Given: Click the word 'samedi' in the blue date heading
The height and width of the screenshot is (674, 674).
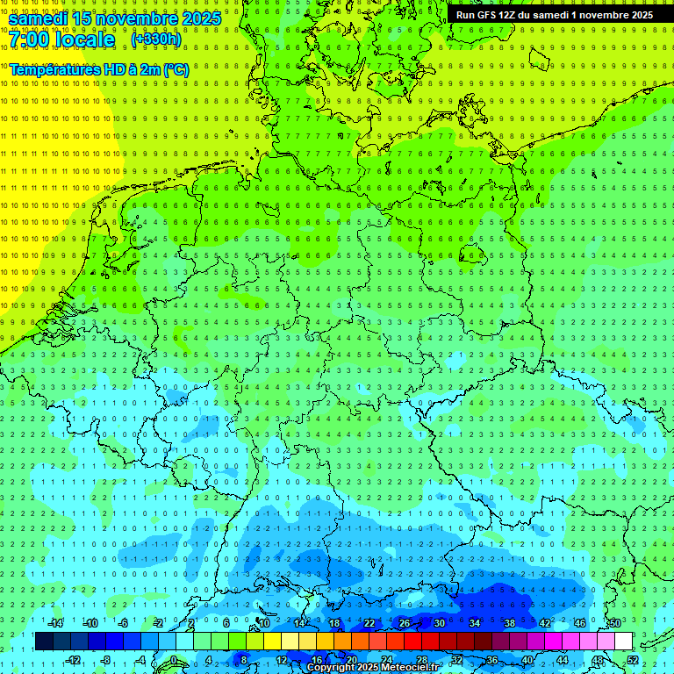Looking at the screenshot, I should pos(38,18).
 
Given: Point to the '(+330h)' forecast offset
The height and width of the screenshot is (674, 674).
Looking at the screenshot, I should pos(156,39).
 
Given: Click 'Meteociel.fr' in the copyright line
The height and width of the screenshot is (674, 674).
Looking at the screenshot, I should pos(410,668).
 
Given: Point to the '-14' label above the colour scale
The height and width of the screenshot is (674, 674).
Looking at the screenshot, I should pos(55,623).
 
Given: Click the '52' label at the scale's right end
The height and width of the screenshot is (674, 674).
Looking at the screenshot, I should pos(633,660).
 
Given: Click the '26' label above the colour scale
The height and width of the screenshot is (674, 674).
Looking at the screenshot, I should pos(405,623).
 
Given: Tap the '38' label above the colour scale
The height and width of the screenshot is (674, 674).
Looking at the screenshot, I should pos(510,623).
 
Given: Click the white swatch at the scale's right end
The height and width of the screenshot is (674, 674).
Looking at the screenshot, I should pos(623,642).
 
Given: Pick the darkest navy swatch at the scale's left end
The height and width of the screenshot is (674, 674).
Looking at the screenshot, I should pos(44,642).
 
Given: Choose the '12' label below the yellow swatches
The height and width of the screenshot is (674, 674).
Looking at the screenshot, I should pos(282,660).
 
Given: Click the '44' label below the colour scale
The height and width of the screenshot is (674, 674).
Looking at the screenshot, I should pos(563,660).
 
